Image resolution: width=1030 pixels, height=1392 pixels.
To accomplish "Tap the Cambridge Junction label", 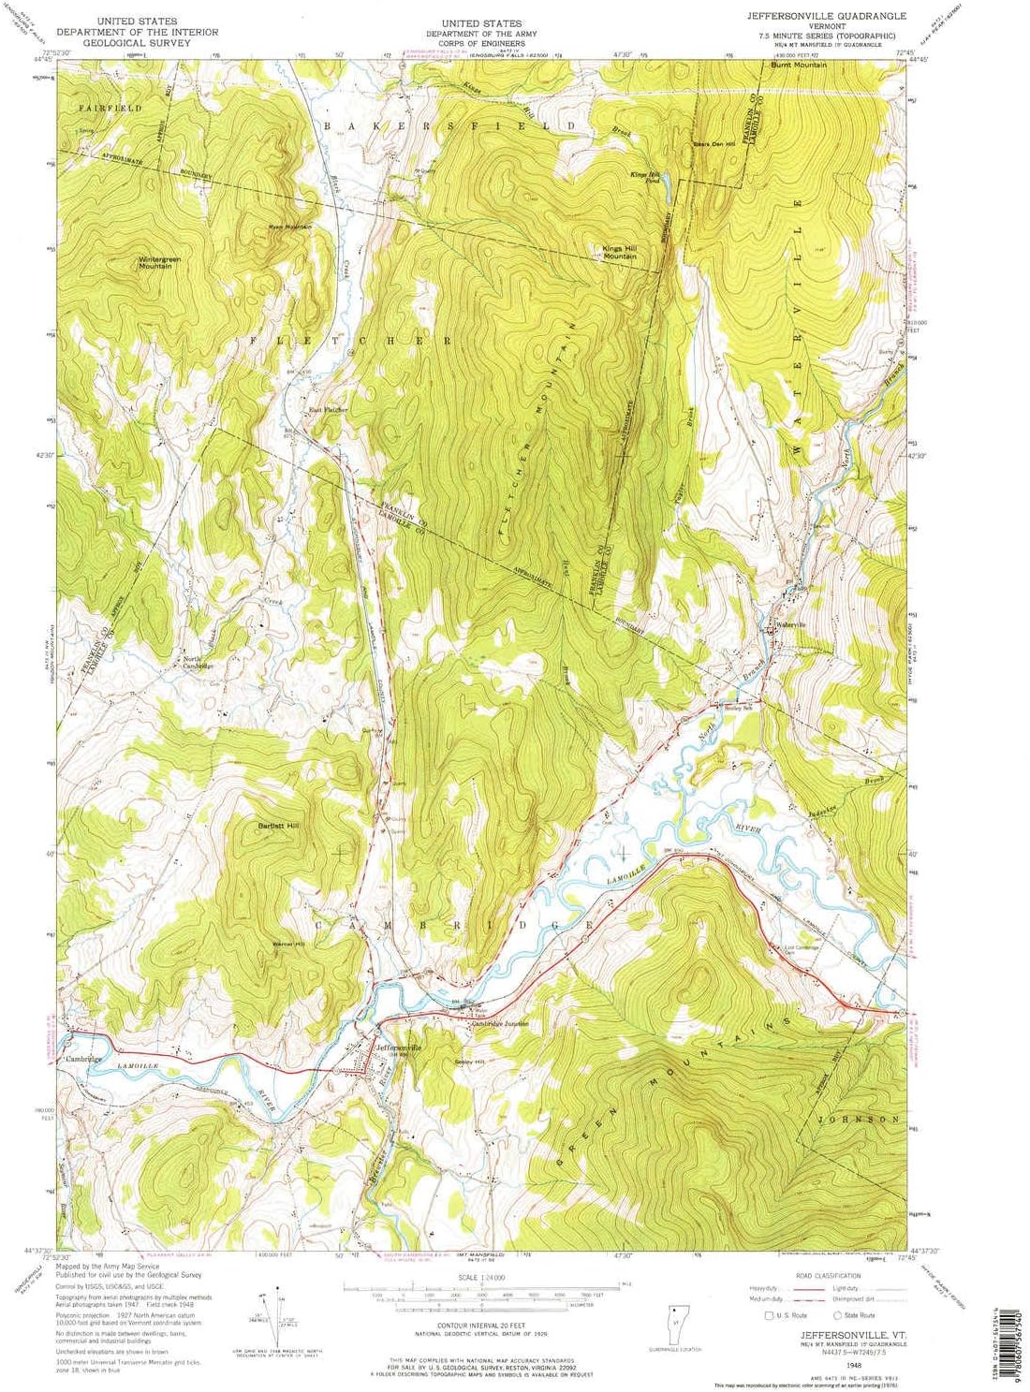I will tap(500, 1023).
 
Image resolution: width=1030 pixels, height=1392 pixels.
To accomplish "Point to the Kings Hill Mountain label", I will tap(620, 252).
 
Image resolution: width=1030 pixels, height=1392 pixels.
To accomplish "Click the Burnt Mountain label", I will tap(799, 66).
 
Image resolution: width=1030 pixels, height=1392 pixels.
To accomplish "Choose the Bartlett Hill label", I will tap(277, 826).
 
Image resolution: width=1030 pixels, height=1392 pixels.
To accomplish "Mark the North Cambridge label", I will tap(198, 662).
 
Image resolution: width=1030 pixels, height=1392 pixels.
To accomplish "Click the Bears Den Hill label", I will tap(714, 143).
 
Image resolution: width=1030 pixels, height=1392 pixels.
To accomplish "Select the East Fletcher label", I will tap(329, 409).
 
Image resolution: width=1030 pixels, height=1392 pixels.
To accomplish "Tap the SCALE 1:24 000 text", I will tap(482, 1277).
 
